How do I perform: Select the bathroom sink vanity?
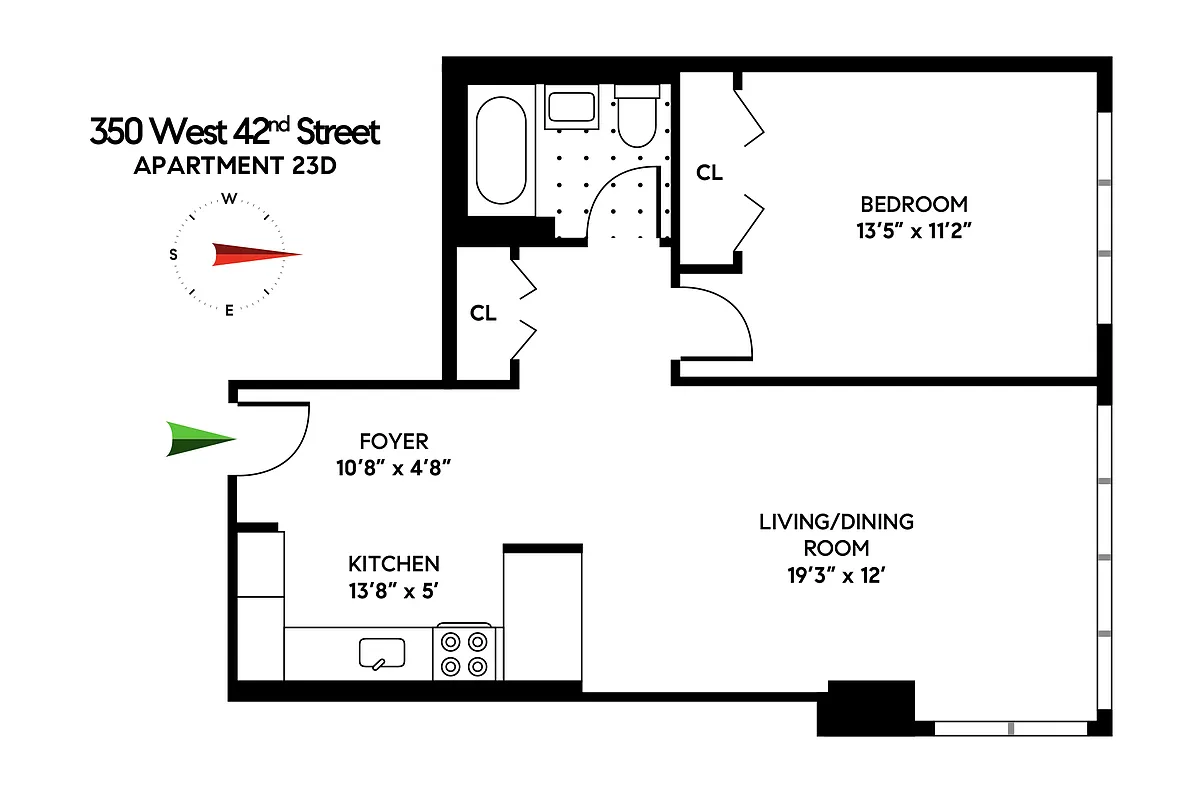pos(570,106)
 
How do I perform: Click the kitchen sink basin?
pos(382,653)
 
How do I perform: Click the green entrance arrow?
pos(199,439)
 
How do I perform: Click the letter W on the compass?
pos(229,198)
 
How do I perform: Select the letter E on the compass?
pos(229,310)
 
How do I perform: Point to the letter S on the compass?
pos(174,255)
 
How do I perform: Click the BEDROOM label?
pos(914,204)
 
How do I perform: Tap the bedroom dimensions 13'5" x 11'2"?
pos(914,230)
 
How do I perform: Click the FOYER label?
pos(393,441)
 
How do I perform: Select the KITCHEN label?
pos(393,564)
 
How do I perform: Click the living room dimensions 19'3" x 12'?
pos(836,575)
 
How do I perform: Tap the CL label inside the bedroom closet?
pos(709,173)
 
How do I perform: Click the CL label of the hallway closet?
pos(483,313)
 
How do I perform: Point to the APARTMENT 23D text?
pos(234,165)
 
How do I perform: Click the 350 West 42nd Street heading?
pos(235,132)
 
